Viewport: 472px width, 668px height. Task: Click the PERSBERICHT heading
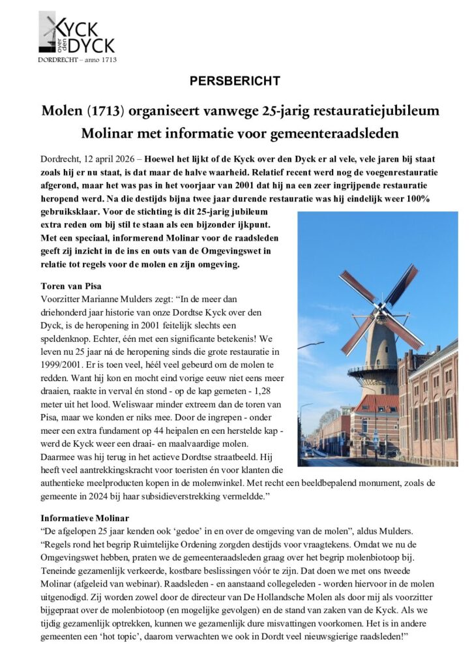[x=235, y=81]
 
